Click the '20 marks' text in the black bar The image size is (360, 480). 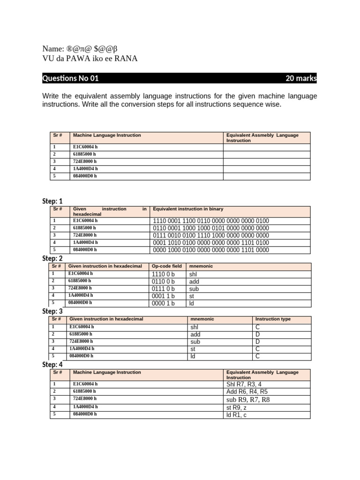(x=301, y=79)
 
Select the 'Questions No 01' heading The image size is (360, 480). (x=70, y=79)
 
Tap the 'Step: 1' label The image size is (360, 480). (x=52, y=201)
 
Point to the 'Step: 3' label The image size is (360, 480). (x=52, y=311)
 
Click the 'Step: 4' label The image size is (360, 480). (x=52, y=365)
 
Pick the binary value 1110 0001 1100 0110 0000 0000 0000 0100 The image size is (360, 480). (x=211, y=221)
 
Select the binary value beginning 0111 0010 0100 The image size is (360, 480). (x=211, y=235)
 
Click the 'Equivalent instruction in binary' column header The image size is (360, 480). (x=188, y=209)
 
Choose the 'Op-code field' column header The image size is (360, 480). (x=166, y=266)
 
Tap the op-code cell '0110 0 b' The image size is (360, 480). (x=163, y=281)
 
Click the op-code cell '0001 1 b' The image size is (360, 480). (x=163, y=296)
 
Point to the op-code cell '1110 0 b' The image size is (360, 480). (x=163, y=274)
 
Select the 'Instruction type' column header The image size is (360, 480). (x=273, y=319)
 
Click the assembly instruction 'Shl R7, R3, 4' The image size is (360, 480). (x=244, y=384)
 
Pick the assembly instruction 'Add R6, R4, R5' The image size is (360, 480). (x=247, y=391)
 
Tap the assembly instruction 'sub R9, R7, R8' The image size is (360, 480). (x=248, y=400)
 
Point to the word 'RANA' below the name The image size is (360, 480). (x=127, y=58)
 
